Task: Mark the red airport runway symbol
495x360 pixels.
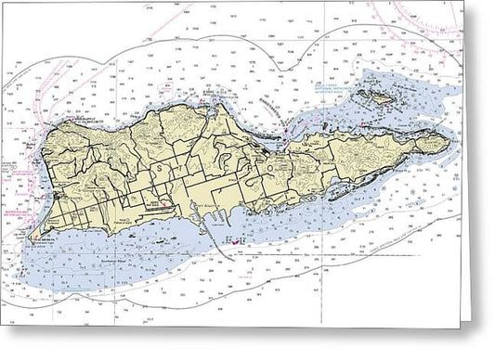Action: tap(163, 202)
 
